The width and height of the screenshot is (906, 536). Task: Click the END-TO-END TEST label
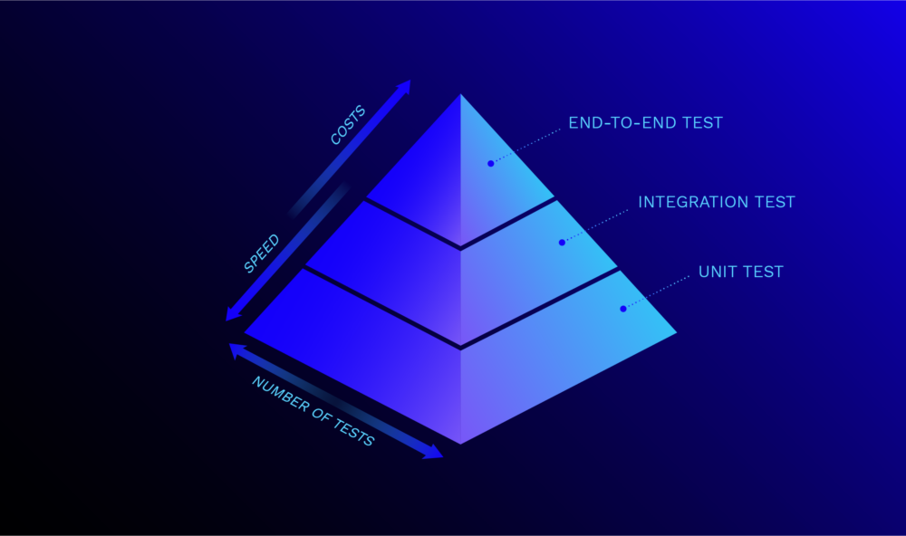tap(645, 122)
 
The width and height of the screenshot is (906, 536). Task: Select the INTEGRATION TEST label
tap(717, 202)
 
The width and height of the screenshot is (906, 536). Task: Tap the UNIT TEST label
tap(741, 272)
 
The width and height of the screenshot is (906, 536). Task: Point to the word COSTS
tap(348, 125)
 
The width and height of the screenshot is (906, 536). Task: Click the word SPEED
tap(262, 254)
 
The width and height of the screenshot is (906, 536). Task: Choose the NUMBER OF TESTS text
tap(313, 411)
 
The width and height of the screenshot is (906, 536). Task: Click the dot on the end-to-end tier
tap(490, 164)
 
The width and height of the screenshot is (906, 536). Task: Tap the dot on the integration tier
tap(562, 243)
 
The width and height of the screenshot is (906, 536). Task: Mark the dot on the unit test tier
tap(623, 309)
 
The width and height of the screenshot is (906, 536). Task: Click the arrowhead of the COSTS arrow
tap(405, 86)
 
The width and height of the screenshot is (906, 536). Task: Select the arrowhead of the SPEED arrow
tap(232, 313)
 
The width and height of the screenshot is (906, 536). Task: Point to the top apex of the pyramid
tap(460, 94)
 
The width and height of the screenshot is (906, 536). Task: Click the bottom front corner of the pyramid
tap(460, 444)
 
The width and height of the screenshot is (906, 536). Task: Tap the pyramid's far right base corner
tap(676, 332)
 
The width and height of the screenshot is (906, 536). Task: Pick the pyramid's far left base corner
tap(245, 332)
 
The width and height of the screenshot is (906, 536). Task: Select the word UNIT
tap(716, 272)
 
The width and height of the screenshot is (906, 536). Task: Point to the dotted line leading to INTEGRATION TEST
tap(596, 225)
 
